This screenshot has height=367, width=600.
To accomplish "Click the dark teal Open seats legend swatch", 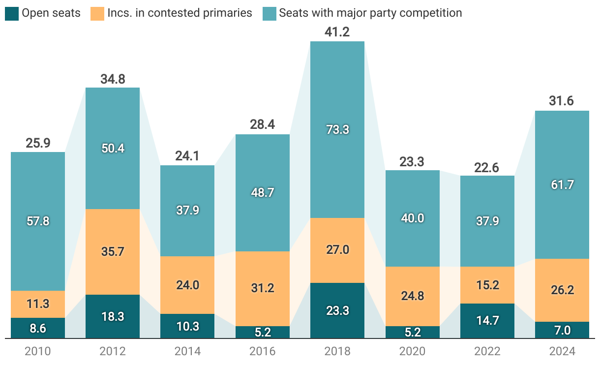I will (12, 13).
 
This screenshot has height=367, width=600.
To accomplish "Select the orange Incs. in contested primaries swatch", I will (97, 13).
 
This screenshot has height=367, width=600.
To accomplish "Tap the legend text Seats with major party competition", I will (370, 13).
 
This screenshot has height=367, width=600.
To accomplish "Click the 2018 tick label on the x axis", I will (337, 351).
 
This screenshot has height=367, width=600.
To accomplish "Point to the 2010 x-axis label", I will (38, 351).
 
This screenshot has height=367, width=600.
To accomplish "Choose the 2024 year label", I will (562, 351).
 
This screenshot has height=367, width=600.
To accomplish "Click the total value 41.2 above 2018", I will (337, 32).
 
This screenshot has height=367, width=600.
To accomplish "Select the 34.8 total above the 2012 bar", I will (113, 79).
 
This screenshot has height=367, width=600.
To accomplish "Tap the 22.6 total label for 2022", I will (487, 167).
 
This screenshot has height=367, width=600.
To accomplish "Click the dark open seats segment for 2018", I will (337, 310).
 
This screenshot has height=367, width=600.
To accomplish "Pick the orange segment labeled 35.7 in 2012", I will (113, 251).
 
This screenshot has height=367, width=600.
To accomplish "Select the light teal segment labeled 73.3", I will (337, 129).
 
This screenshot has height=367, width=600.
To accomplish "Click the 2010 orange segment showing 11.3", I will (38, 304).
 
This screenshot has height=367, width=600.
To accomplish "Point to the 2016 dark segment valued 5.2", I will (263, 332).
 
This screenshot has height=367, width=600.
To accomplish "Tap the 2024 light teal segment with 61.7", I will (562, 184).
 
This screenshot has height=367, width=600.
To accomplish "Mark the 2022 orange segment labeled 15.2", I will (487, 285).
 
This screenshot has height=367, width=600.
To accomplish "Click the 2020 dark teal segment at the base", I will (413, 332).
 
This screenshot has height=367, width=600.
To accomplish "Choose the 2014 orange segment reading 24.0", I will (187, 285).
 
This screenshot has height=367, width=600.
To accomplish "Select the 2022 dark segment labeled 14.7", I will (487, 321).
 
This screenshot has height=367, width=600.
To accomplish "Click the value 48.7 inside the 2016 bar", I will (263, 192).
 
